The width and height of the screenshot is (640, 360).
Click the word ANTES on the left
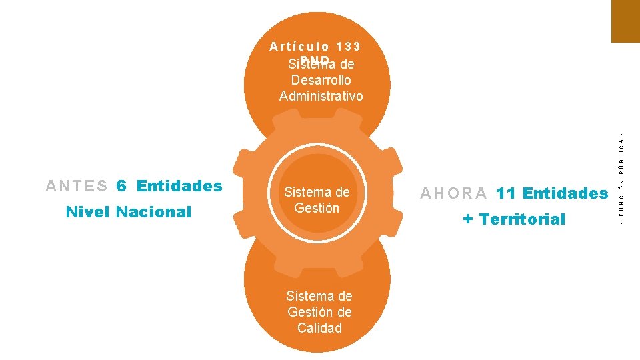click(x=77, y=186)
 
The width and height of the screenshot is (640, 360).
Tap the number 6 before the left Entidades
click(x=121, y=186)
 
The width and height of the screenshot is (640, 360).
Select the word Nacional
click(x=153, y=213)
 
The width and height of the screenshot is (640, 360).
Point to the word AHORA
click(x=454, y=193)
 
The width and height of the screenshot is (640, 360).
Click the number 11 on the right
click(x=506, y=193)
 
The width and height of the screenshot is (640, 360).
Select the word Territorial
click(x=522, y=219)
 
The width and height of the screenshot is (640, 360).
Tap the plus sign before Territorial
click(x=468, y=219)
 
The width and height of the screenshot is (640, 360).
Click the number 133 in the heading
click(x=349, y=47)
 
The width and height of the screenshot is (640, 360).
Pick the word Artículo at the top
click(x=299, y=47)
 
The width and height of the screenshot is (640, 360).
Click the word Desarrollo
click(x=321, y=80)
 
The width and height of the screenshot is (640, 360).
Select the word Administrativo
click(x=321, y=96)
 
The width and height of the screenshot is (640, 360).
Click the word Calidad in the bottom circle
click(x=319, y=328)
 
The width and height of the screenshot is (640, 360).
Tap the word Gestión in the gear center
click(x=317, y=208)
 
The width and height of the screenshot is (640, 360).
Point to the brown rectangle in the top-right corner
click(x=625, y=21)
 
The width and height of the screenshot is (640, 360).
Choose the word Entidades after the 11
click(x=565, y=193)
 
